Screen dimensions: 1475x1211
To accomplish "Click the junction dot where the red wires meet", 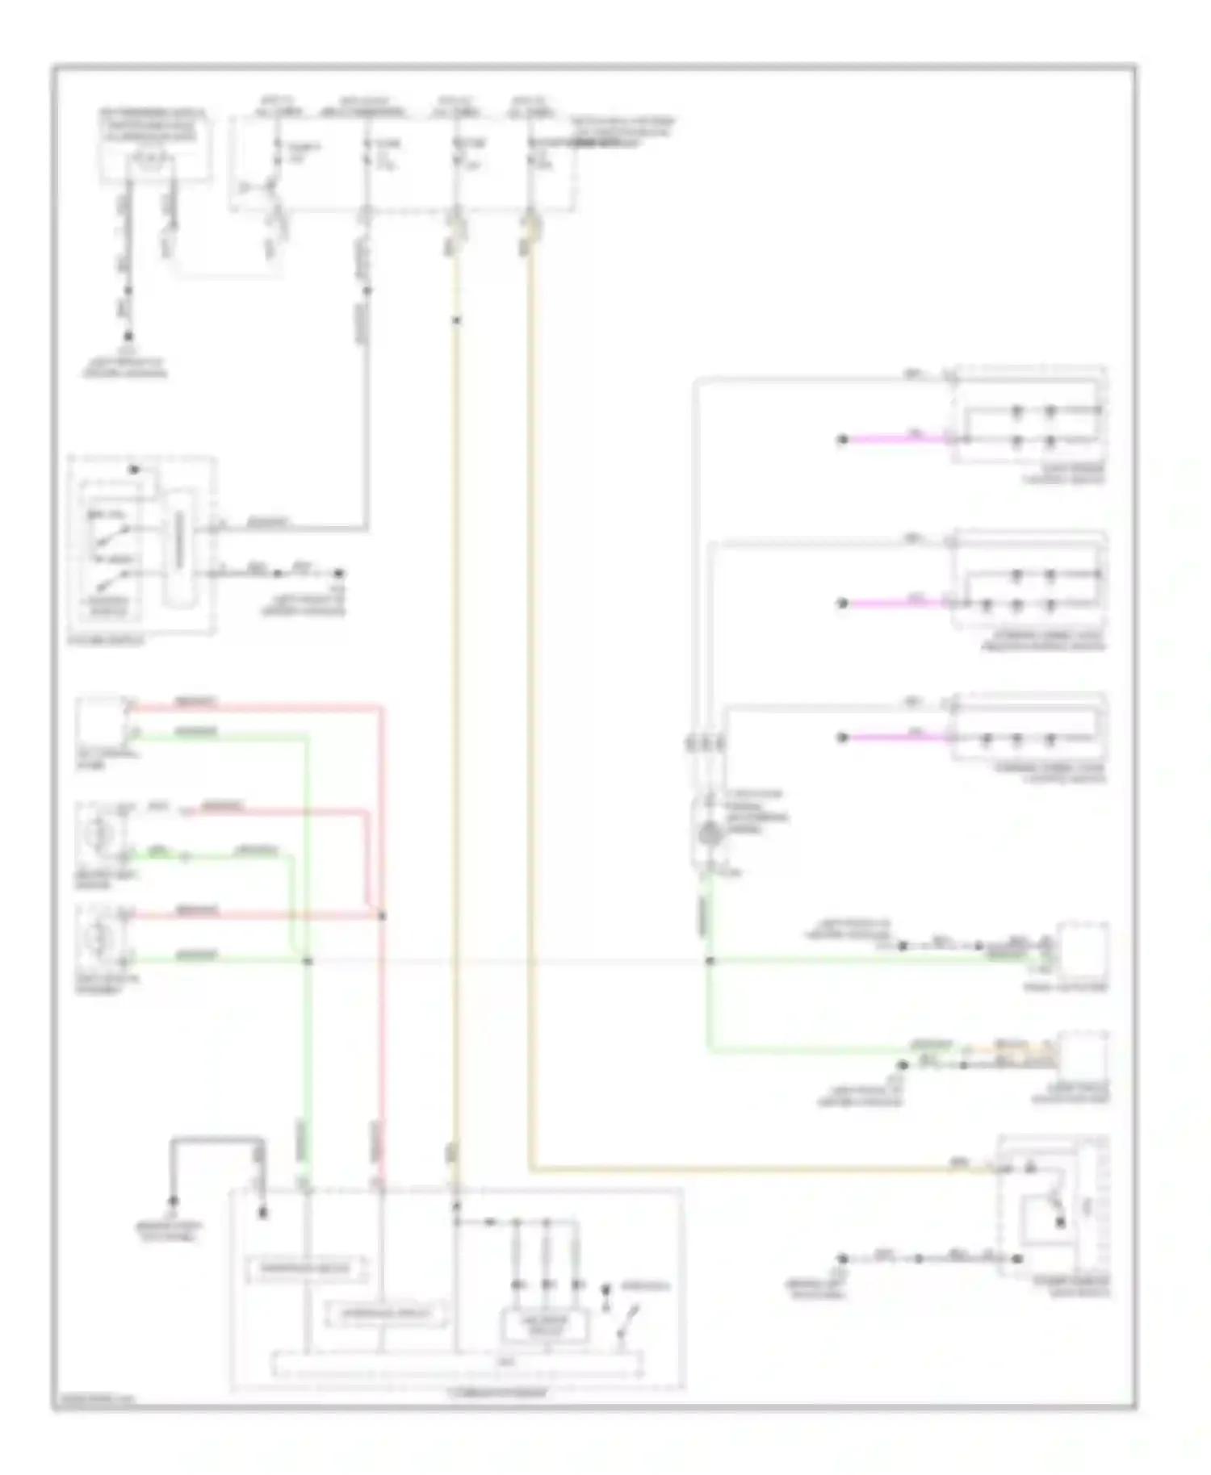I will tap(382, 916).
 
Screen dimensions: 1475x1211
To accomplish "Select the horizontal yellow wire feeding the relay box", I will tap(751, 1168).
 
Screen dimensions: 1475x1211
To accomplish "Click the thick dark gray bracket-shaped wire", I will tap(216, 1141).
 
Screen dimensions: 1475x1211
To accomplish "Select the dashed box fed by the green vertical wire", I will tap(305, 1269).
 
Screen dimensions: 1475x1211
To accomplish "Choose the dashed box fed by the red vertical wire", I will tap(386, 1314).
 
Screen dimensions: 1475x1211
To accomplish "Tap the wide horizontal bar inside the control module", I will tap(457, 1364).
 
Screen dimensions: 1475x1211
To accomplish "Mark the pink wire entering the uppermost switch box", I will tap(896, 439).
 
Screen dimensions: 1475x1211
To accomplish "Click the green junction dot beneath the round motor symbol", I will tap(710, 961).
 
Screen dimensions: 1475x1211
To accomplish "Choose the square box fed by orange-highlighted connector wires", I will tap(1083, 1055).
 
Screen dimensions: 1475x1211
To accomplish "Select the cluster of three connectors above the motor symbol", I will tap(706, 743).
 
